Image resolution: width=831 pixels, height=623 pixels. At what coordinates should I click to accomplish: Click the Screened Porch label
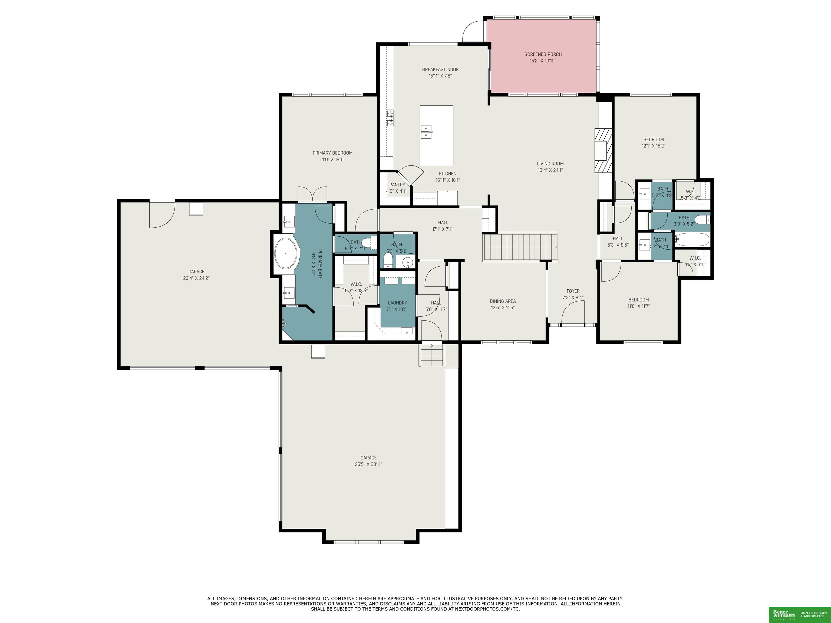[543, 54]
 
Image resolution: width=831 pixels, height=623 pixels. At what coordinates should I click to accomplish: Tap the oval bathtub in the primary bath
[286, 253]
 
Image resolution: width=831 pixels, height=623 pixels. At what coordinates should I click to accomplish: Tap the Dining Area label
[503, 301]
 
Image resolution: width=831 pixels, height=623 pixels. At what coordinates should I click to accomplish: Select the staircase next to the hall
[520, 247]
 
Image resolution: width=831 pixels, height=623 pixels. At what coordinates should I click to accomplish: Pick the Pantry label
[397, 185]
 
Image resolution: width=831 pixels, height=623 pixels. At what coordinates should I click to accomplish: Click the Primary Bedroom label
[332, 153]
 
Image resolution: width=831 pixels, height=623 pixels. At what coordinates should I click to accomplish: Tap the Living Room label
[550, 164]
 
